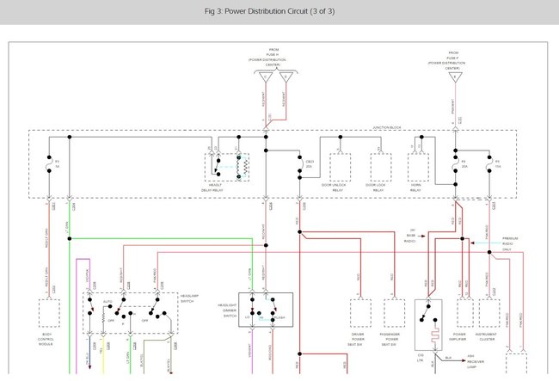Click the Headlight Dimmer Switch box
point(267,310)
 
